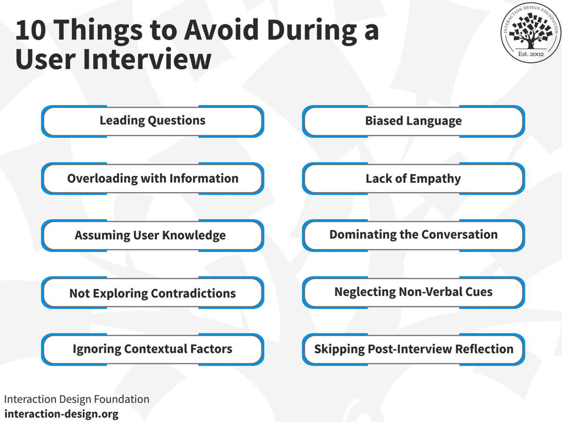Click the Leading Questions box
pyautogui.click(x=152, y=121)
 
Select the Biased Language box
pyautogui.click(x=413, y=121)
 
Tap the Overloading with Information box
pyautogui.click(x=152, y=179)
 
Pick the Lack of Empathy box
pyautogui.click(x=413, y=179)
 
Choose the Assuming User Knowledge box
pyautogui.click(x=152, y=235)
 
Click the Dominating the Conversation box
pyautogui.click(x=413, y=235)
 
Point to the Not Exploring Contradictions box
pyautogui.click(x=152, y=293)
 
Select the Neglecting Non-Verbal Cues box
pyautogui.click(x=413, y=292)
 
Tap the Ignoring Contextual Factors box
pyautogui.click(x=152, y=349)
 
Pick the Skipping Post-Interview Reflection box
pyautogui.click(x=413, y=349)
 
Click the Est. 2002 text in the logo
pyautogui.click(x=531, y=55)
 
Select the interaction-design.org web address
pyautogui.click(x=61, y=414)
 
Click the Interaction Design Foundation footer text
pyautogui.click(x=77, y=399)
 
